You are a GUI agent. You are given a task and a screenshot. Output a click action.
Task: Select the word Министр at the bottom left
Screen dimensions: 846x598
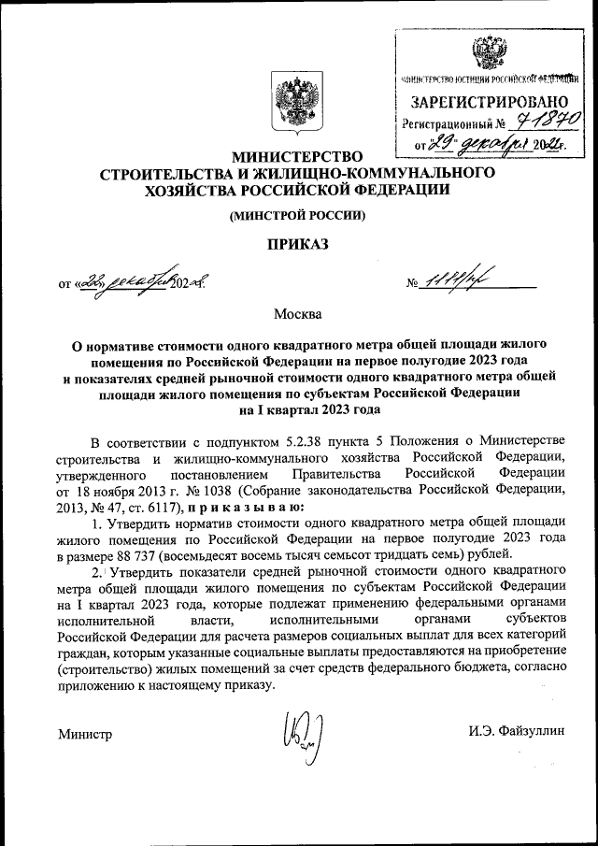84,734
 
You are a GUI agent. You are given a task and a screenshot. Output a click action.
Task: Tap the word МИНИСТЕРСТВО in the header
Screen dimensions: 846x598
298,157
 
